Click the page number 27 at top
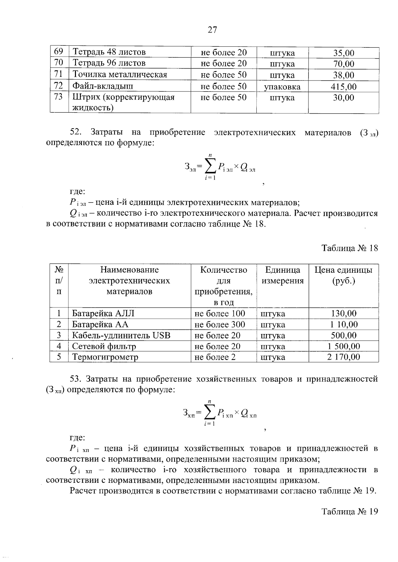(x=212, y=30)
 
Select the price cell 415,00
(x=344, y=87)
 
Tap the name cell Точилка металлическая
(x=120, y=75)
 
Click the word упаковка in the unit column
(x=282, y=87)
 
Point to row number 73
(x=58, y=97)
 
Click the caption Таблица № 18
(x=350, y=248)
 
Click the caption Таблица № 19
(x=350, y=512)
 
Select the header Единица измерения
(x=283, y=275)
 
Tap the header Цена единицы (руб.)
(x=344, y=275)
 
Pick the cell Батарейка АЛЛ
(x=103, y=313)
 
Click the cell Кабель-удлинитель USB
(x=121, y=335)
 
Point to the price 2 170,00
(x=344, y=357)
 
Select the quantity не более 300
(x=220, y=324)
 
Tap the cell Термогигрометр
(x=105, y=357)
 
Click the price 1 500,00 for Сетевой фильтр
(x=344, y=347)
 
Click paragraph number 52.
(x=76, y=132)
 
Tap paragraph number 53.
(x=76, y=379)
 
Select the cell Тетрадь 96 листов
(x=109, y=63)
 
